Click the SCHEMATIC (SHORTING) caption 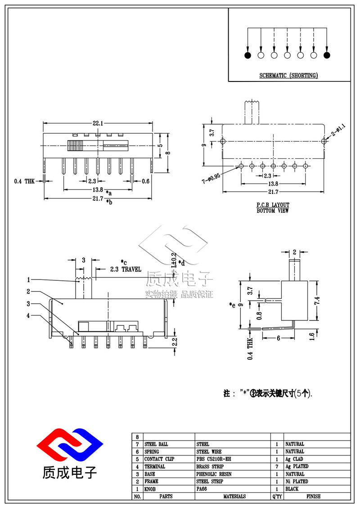pos(288,75)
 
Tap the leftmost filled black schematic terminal pos(247,55)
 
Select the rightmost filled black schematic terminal pos(327,55)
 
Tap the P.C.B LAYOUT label pos(273,205)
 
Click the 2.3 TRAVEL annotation pos(126,269)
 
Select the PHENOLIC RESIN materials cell pos(214,474)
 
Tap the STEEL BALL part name pos(157,444)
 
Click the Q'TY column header pos(277,496)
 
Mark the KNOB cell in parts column pos(150,489)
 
